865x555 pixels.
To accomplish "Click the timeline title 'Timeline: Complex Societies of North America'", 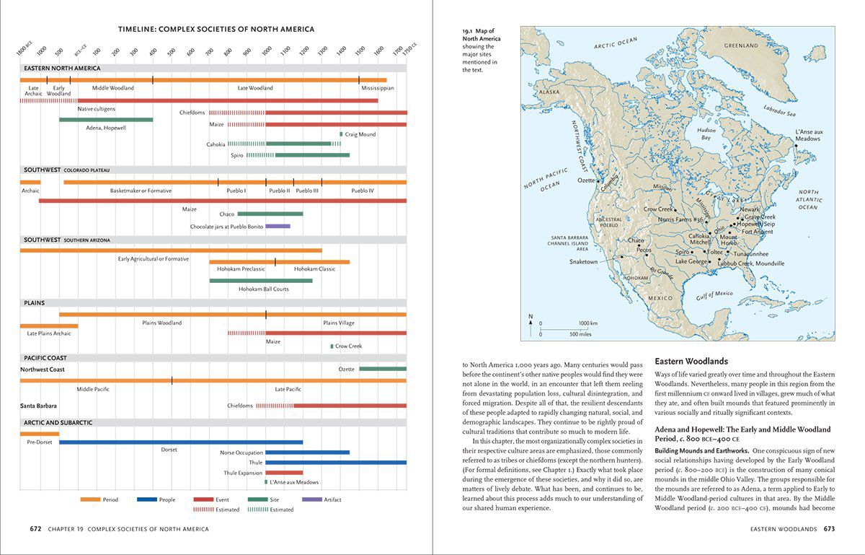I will tap(216, 30).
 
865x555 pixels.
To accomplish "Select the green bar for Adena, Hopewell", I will tap(106, 119).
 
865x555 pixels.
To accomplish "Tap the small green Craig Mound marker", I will tap(342, 134).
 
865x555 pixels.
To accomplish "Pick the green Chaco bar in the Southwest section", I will tap(270, 214).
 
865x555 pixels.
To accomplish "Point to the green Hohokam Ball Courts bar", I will tap(261, 281).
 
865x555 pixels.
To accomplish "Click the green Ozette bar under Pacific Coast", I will tap(383, 369).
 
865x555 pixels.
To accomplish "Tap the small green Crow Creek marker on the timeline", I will tap(332, 346).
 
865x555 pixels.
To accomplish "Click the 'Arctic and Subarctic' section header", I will tap(58, 422).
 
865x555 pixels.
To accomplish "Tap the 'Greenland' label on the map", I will tap(740, 46).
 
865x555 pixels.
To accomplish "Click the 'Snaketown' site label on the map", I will tap(583, 261).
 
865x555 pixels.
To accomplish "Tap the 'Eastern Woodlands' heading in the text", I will tap(691, 361).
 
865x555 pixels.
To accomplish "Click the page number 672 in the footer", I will tap(35, 529).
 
